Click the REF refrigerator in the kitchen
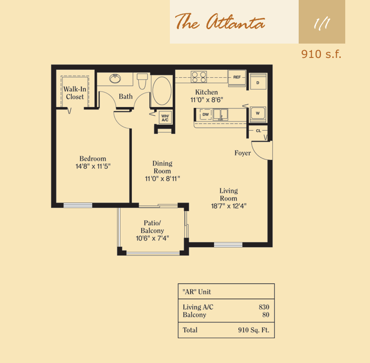coord(237,77)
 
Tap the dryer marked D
coord(258,82)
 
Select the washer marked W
coord(258,114)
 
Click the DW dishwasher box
coord(206,114)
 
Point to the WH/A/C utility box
coord(165,118)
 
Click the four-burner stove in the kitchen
coord(199,77)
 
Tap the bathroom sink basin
coord(115,79)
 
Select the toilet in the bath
coord(142,81)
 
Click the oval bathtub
coord(162,91)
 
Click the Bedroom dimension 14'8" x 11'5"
coord(93,166)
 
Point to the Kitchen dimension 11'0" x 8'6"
coord(207,100)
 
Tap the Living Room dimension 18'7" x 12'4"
coord(229,206)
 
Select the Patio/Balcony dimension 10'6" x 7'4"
coord(153,239)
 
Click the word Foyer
coord(243,153)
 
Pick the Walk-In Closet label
coord(75,93)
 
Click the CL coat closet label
coord(259,131)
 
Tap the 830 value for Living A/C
coord(264,307)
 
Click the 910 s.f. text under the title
coord(321,54)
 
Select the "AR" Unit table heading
coord(197,292)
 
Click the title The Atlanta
coord(220,21)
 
